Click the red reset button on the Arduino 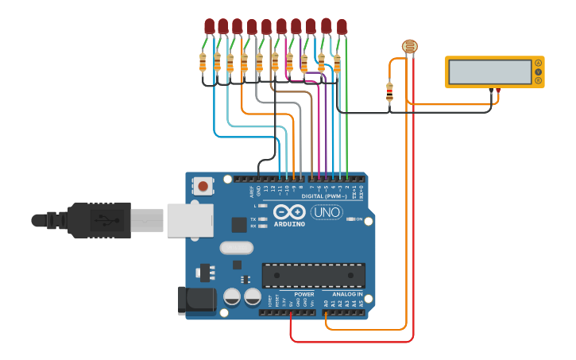[203, 187]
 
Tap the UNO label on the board [326, 212]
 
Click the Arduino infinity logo [289, 212]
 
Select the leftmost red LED [209, 26]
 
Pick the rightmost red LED [342, 27]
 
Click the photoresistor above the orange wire [409, 47]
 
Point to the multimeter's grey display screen [489, 72]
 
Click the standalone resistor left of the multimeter [389, 92]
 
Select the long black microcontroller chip [314, 275]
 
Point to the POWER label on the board [304, 294]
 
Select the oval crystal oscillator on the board [236, 248]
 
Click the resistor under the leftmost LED [203, 62]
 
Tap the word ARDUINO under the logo [289, 224]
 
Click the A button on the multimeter [538, 63]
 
